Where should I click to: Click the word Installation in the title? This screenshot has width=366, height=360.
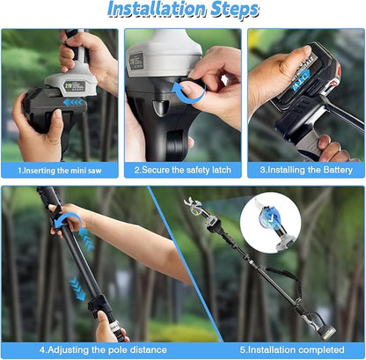click(x=157, y=9)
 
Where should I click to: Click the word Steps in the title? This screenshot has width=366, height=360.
click(x=235, y=10)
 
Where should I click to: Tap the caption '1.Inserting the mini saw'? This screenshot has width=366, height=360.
click(x=60, y=171)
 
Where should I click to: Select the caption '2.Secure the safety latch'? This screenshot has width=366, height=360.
click(x=183, y=170)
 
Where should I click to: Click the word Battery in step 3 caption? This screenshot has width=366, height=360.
click(x=338, y=170)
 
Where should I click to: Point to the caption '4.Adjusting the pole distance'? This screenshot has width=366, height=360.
click(x=103, y=349)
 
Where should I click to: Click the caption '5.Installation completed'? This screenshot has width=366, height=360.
click(x=292, y=349)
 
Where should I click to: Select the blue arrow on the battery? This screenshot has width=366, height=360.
click(x=301, y=80)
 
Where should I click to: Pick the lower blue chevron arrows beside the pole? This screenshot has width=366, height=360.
click(x=77, y=289)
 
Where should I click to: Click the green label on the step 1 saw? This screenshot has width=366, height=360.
click(x=74, y=86)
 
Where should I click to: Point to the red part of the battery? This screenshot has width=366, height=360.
click(x=337, y=77)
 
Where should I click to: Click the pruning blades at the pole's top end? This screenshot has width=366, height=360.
click(x=191, y=203)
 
